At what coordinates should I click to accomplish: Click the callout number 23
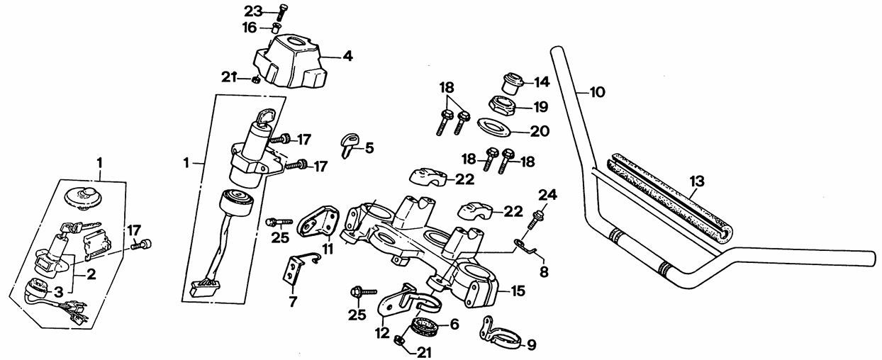pos(252,11)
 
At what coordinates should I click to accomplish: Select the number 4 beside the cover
pos(348,55)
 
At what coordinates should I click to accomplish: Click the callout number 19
pos(542,107)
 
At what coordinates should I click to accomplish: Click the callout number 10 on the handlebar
pos(598,91)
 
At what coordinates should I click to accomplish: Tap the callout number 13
pos(698,181)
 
